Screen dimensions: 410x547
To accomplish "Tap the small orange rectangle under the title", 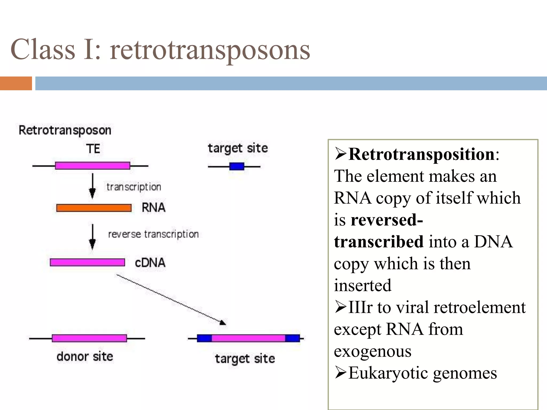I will click(x=16, y=83).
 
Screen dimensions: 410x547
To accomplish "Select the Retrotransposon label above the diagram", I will click(x=65, y=130).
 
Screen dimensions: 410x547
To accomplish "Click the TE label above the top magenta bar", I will click(x=93, y=149).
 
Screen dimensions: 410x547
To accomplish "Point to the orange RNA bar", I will click(x=94, y=208).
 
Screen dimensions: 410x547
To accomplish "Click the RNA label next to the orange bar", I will click(x=153, y=208).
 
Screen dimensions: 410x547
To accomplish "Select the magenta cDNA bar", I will click(x=87, y=262).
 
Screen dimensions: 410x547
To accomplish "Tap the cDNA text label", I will click(x=150, y=263).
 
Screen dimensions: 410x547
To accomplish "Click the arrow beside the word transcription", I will click(x=92, y=186).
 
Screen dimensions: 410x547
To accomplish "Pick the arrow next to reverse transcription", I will click(x=92, y=237).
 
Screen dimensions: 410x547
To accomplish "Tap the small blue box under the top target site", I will click(x=237, y=167).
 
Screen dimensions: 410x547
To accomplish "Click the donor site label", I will click(x=85, y=357).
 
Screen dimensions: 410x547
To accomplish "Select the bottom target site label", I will click(x=245, y=359).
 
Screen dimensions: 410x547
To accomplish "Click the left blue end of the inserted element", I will click(x=204, y=338).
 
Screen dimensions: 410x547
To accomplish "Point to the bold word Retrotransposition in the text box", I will click(x=421, y=154).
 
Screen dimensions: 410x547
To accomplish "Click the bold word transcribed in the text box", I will click(x=378, y=242).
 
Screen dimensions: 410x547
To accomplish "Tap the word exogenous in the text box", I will click(x=372, y=351).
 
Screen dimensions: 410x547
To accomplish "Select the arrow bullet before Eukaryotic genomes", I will click(x=341, y=373).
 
